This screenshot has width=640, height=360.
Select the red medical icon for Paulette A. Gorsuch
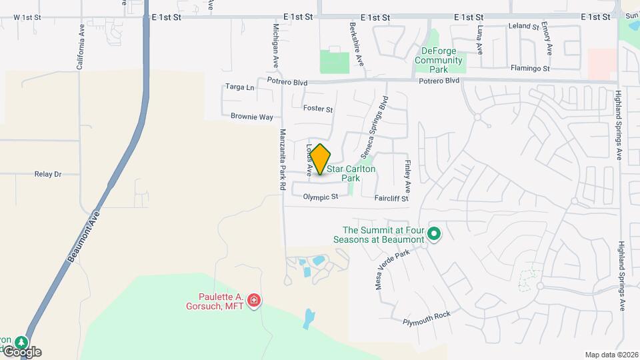pyautogui.click(x=253, y=301)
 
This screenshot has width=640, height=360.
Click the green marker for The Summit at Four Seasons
pyautogui.click(x=434, y=233)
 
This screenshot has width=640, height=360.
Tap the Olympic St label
pyautogui.click(x=321, y=197)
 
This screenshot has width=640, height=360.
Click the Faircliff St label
pyautogui.click(x=391, y=198)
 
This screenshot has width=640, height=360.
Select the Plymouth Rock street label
pyautogui.click(x=427, y=318)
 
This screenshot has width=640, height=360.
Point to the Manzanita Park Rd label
pyautogui.click(x=283, y=160)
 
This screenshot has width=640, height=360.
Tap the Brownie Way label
pyautogui.click(x=252, y=117)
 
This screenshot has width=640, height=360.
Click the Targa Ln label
pyautogui.click(x=240, y=87)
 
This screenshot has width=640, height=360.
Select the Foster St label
pyautogui.click(x=317, y=108)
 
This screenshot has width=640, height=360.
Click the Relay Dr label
pyautogui.click(x=47, y=174)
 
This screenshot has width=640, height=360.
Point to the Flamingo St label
pyautogui.click(x=530, y=68)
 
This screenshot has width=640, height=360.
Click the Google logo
pyautogui.click(x=22, y=351)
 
